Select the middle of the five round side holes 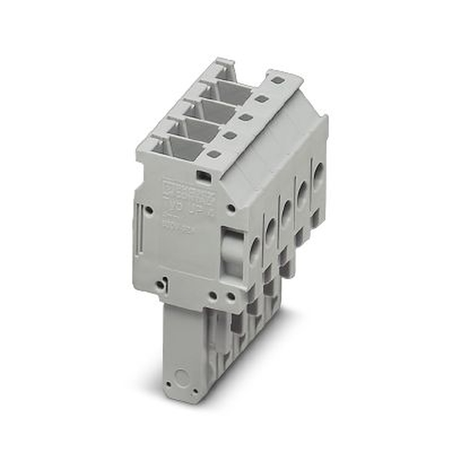coord(286,213)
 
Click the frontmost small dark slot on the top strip coord(213,154)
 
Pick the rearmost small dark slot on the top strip coord(277,80)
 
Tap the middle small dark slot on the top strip coord(246,117)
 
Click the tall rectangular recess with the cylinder coord(232,254)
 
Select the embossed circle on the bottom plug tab coord(182,378)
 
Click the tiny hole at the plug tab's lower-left coord(169,384)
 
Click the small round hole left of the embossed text coord(149,210)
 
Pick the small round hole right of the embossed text coord(231,208)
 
